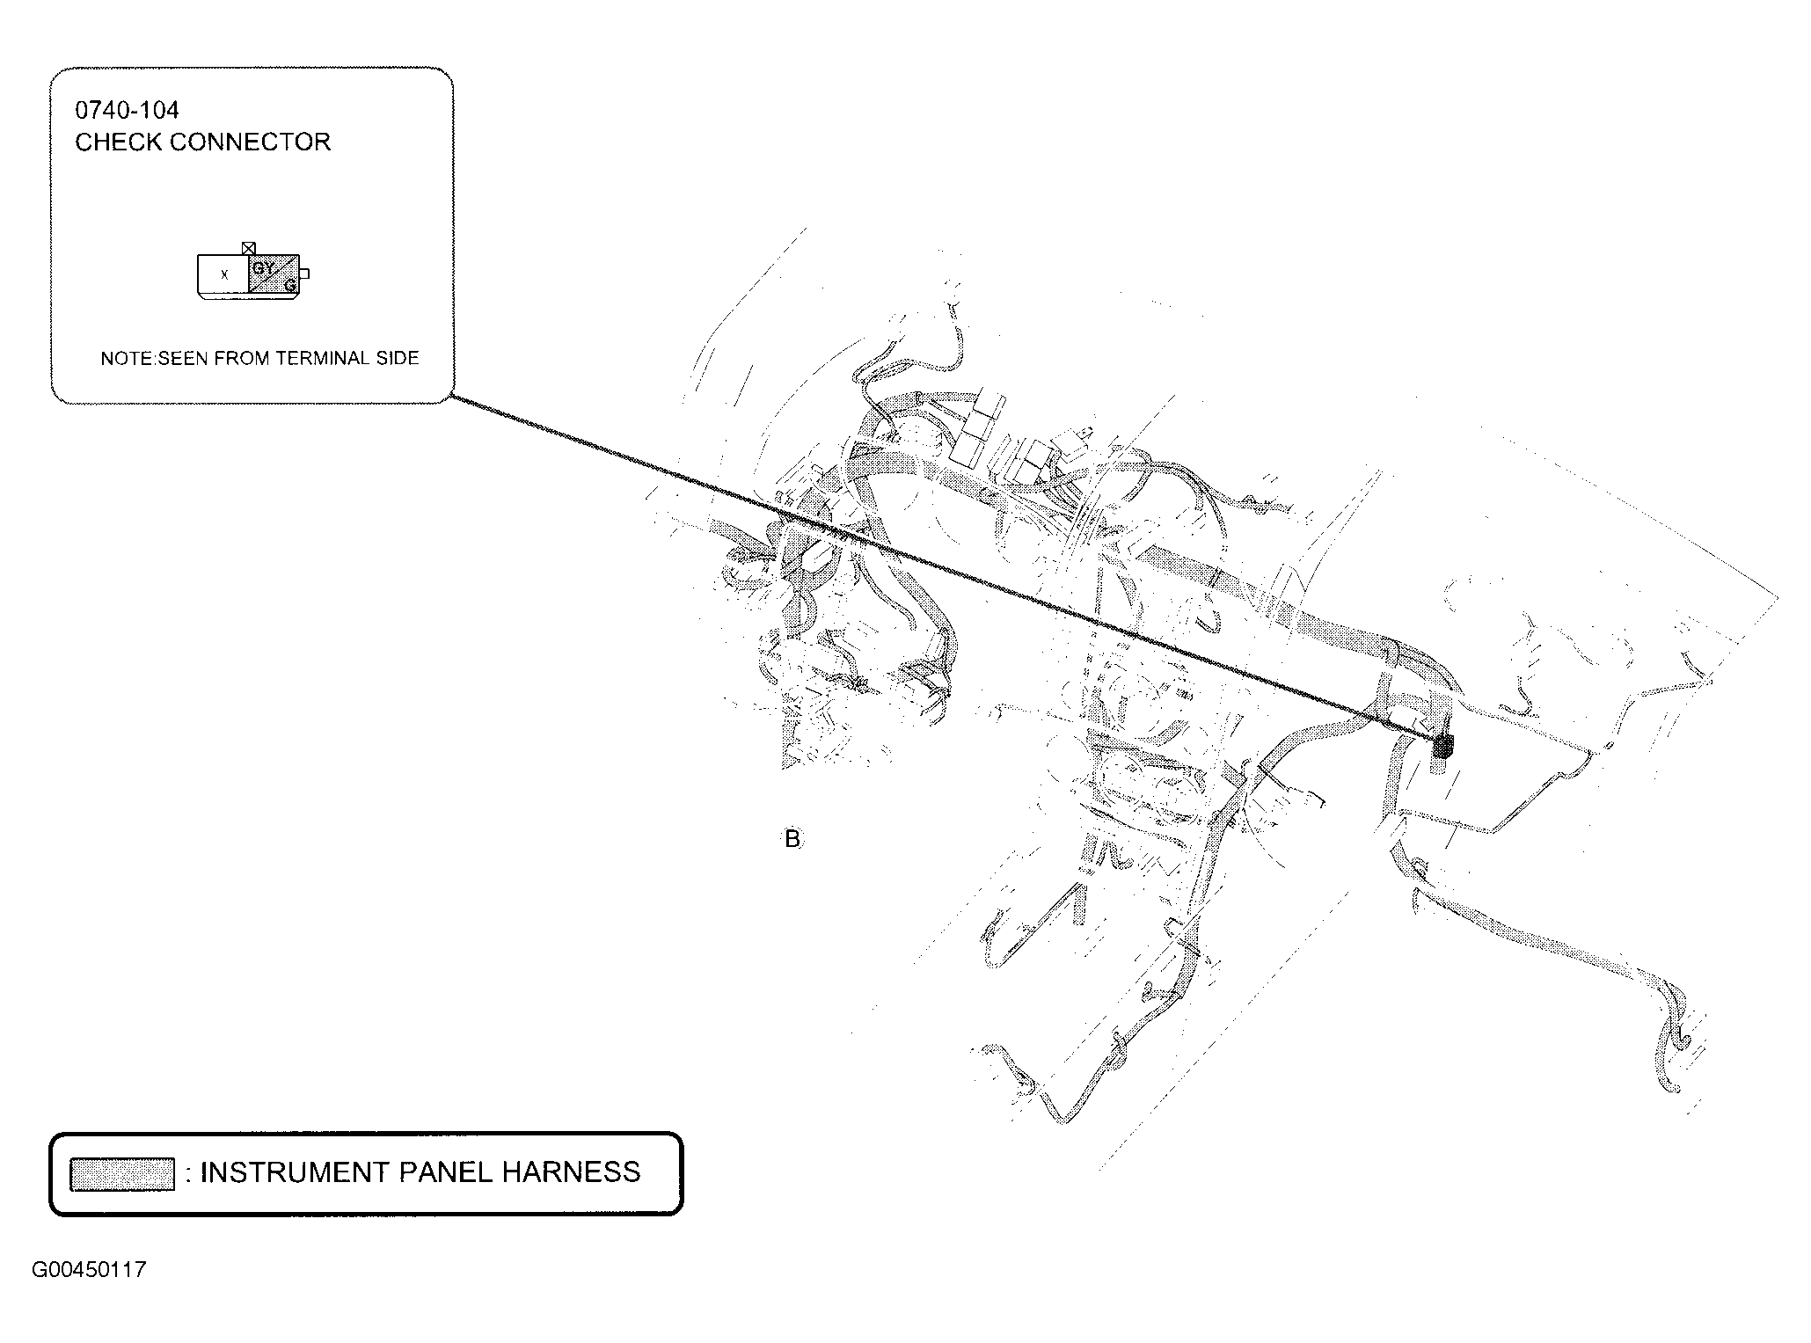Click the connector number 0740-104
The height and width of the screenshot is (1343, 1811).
click(x=127, y=110)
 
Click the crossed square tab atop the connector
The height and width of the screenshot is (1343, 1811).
click(x=249, y=249)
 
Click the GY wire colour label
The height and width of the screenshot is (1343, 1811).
click(x=262, y=266)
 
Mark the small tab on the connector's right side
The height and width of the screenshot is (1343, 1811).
click(x=304, y=274)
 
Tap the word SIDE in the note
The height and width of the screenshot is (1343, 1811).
click(x=403, y=359)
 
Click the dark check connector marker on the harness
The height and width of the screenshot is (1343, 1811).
click(x=1443, y=747)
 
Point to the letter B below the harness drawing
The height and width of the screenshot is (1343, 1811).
click(x=792, y=839)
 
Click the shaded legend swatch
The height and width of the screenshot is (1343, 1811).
click(x=122, y=1175)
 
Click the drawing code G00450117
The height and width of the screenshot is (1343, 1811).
click(x=90, y=1270)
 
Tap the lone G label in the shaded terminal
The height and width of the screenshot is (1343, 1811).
click(x=289, y=285)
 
